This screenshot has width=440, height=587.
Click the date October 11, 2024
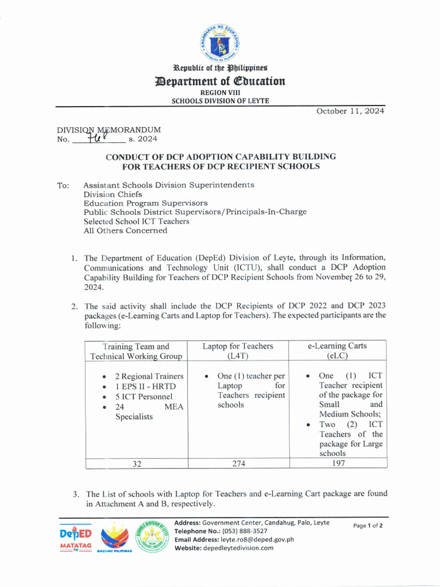click(x=350, y=111)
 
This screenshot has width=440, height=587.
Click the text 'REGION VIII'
click(x=220, y=92)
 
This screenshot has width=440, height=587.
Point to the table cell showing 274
click(x=238, y=464)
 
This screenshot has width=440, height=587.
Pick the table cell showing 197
click(x=338, y=464)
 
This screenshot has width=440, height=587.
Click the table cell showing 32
click(x=137, y=464)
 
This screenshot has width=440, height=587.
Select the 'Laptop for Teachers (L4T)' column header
click(x=238, y=351)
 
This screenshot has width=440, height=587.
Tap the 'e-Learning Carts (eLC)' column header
click(x=337, y=351)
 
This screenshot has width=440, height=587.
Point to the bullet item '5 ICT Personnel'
click(x=143, y=397)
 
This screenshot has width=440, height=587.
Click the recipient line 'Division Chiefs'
click(x=113, y=194)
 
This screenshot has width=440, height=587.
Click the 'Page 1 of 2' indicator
click(x=368, y=526)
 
